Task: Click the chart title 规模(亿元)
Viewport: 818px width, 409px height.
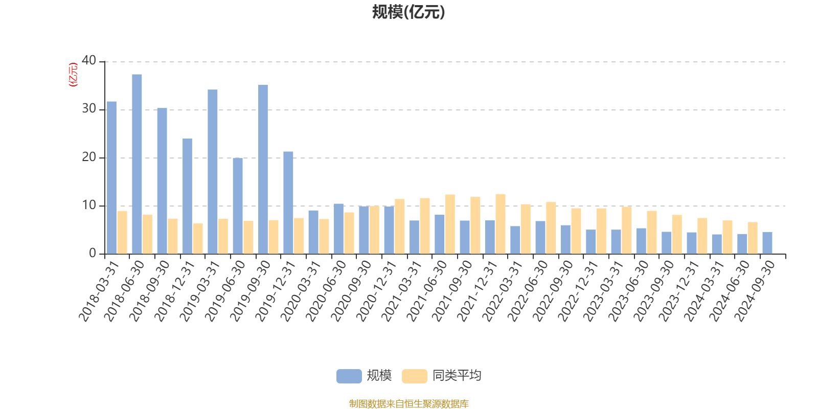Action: point(408,12)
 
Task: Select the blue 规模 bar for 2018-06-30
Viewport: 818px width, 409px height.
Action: point(137,164)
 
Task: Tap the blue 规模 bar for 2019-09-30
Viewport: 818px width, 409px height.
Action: point(263,169)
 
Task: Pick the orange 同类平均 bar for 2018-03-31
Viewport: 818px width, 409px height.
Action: point(122,232)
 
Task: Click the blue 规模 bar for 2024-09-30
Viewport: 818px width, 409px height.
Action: point(767,243)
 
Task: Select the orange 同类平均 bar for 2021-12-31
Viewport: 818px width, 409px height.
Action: point(501,224)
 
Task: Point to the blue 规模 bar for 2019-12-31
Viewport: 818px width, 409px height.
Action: point(288,202)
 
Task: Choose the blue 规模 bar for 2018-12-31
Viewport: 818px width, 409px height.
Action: point(187,196)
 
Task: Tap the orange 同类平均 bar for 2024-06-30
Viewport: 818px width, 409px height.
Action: point(752,238)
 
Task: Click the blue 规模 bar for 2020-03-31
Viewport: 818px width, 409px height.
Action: point(313,232)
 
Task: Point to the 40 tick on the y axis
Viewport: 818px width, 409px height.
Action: point(88,61)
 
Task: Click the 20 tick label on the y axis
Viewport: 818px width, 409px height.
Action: point(88,157)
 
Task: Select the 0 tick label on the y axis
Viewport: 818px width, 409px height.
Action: point(92,254)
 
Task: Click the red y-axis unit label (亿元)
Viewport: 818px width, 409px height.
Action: point(73,75)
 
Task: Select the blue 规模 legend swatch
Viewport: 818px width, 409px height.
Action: point(349,376)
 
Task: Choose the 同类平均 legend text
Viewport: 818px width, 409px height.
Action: point(457,376)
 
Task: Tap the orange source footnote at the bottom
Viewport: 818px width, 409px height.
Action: point(408,404)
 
